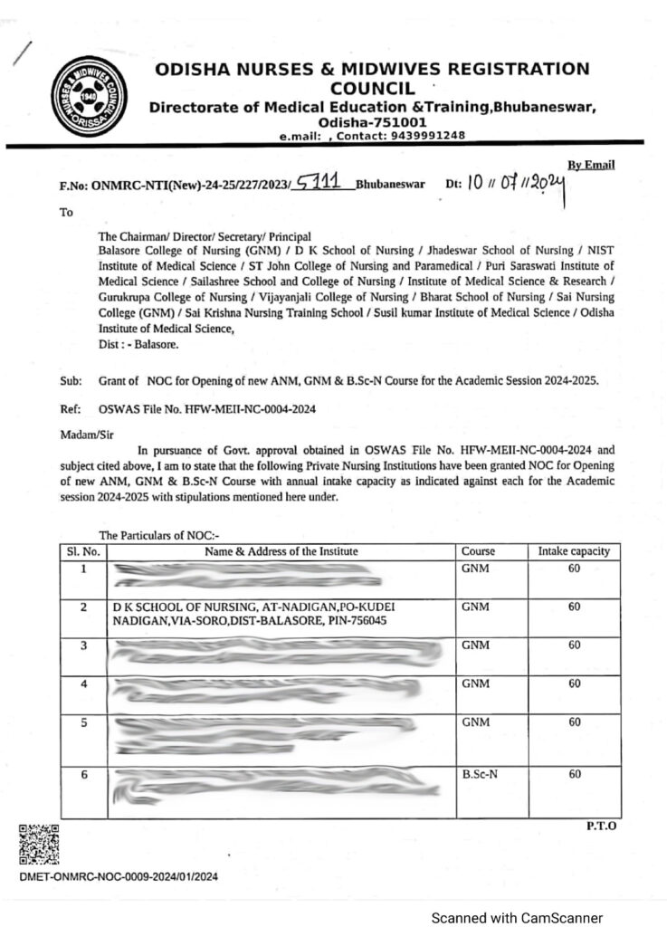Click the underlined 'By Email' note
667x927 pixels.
[x=591, y=165]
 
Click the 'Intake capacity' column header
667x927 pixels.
[x=574, y=550]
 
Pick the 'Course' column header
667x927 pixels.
[x=478, y=550]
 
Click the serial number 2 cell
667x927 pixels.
[x=82, y=607]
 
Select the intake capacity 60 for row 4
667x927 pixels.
[x=574, y=684]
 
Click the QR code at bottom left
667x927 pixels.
[x=39, y=844]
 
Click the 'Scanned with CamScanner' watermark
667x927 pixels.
[x=516, y=917]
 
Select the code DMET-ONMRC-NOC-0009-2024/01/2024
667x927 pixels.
[x=118, y=876]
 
